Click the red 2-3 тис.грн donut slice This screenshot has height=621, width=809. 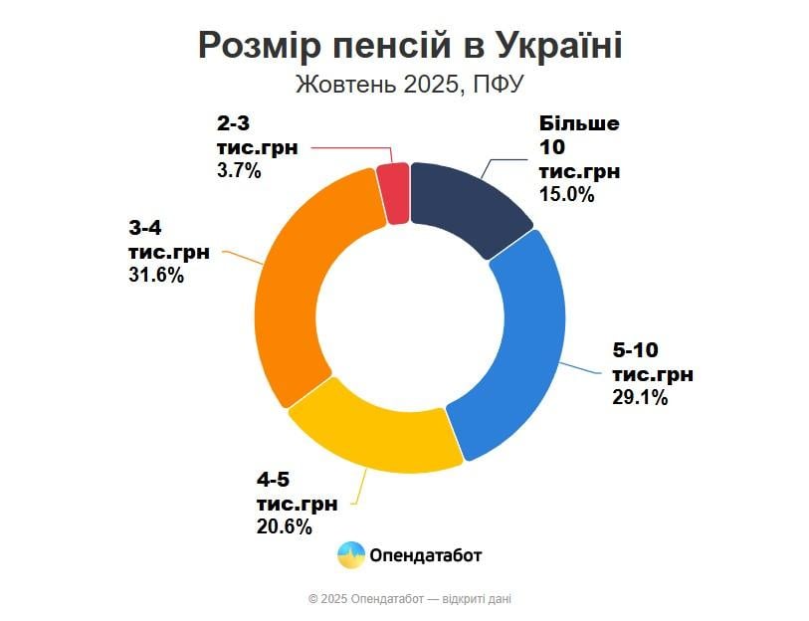[x=394, y=192]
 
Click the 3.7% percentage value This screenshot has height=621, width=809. [x=238, y=170]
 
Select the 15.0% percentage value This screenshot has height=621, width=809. [x=566, y=195]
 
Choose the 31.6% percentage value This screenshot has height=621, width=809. [x=156, y=275]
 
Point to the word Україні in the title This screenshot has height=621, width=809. [x=557, y=46]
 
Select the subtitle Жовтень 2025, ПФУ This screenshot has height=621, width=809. [x=409, y=84]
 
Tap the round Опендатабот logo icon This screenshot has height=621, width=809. [x=350, y=554]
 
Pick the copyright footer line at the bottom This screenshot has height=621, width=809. [x=410, y=599]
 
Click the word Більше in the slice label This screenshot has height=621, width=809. [x=579, y=124]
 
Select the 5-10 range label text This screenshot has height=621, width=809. [x=636, y=350]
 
